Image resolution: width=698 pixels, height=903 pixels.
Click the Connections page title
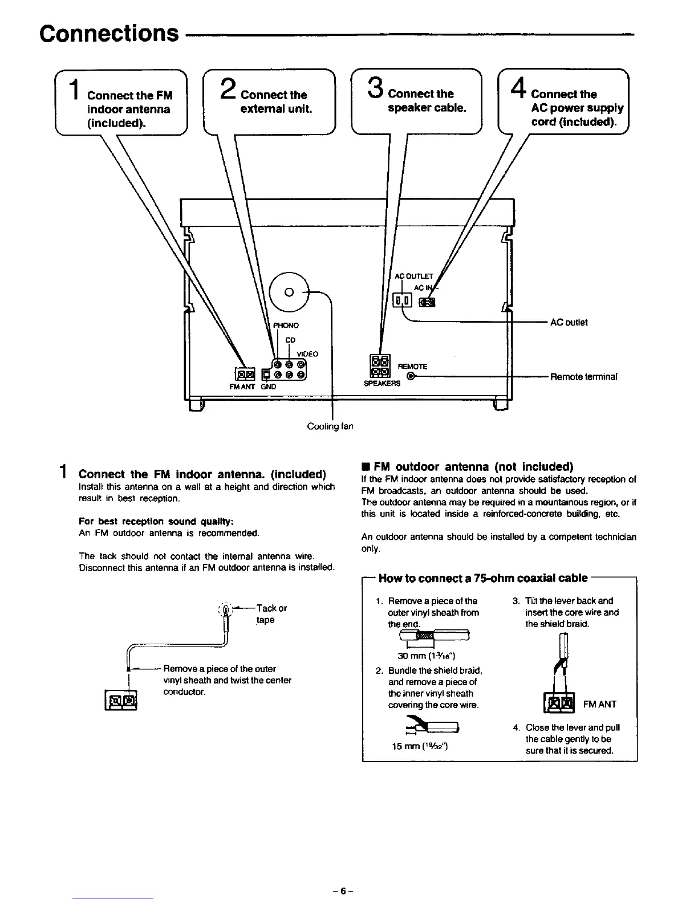pos(108,34)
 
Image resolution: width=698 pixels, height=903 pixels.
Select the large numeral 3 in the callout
pos(375,90)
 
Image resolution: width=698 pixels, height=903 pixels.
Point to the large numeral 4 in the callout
pos(518,90)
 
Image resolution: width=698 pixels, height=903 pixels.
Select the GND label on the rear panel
pos(269,387)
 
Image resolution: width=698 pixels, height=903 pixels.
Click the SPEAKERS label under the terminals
pos(382,384)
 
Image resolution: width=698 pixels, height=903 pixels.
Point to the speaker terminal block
pos(380,366)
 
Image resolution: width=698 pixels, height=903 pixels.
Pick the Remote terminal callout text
pos(583,377)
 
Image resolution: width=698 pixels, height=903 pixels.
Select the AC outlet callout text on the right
pos(569,322)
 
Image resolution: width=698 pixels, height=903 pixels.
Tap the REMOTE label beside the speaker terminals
pos(412,366)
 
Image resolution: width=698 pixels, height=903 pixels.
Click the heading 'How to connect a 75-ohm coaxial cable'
pos(482,578)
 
